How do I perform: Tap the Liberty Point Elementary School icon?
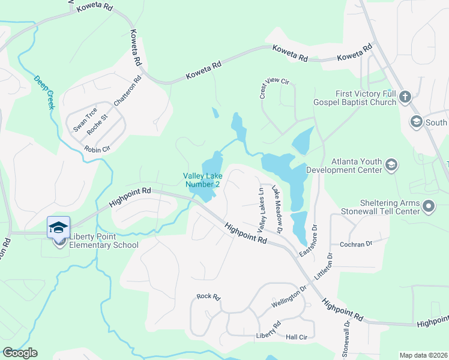[x=59, y=228]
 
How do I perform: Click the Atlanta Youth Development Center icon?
[x=391, y=165]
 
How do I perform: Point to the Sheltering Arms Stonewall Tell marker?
[x=429, y=207]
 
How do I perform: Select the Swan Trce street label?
[x=85, y=120]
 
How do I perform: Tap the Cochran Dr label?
[x=357, y=244]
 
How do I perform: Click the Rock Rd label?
[x=209, y=296]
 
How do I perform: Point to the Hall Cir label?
[x=297, y=337]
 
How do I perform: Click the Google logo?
[x=20, y=353]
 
